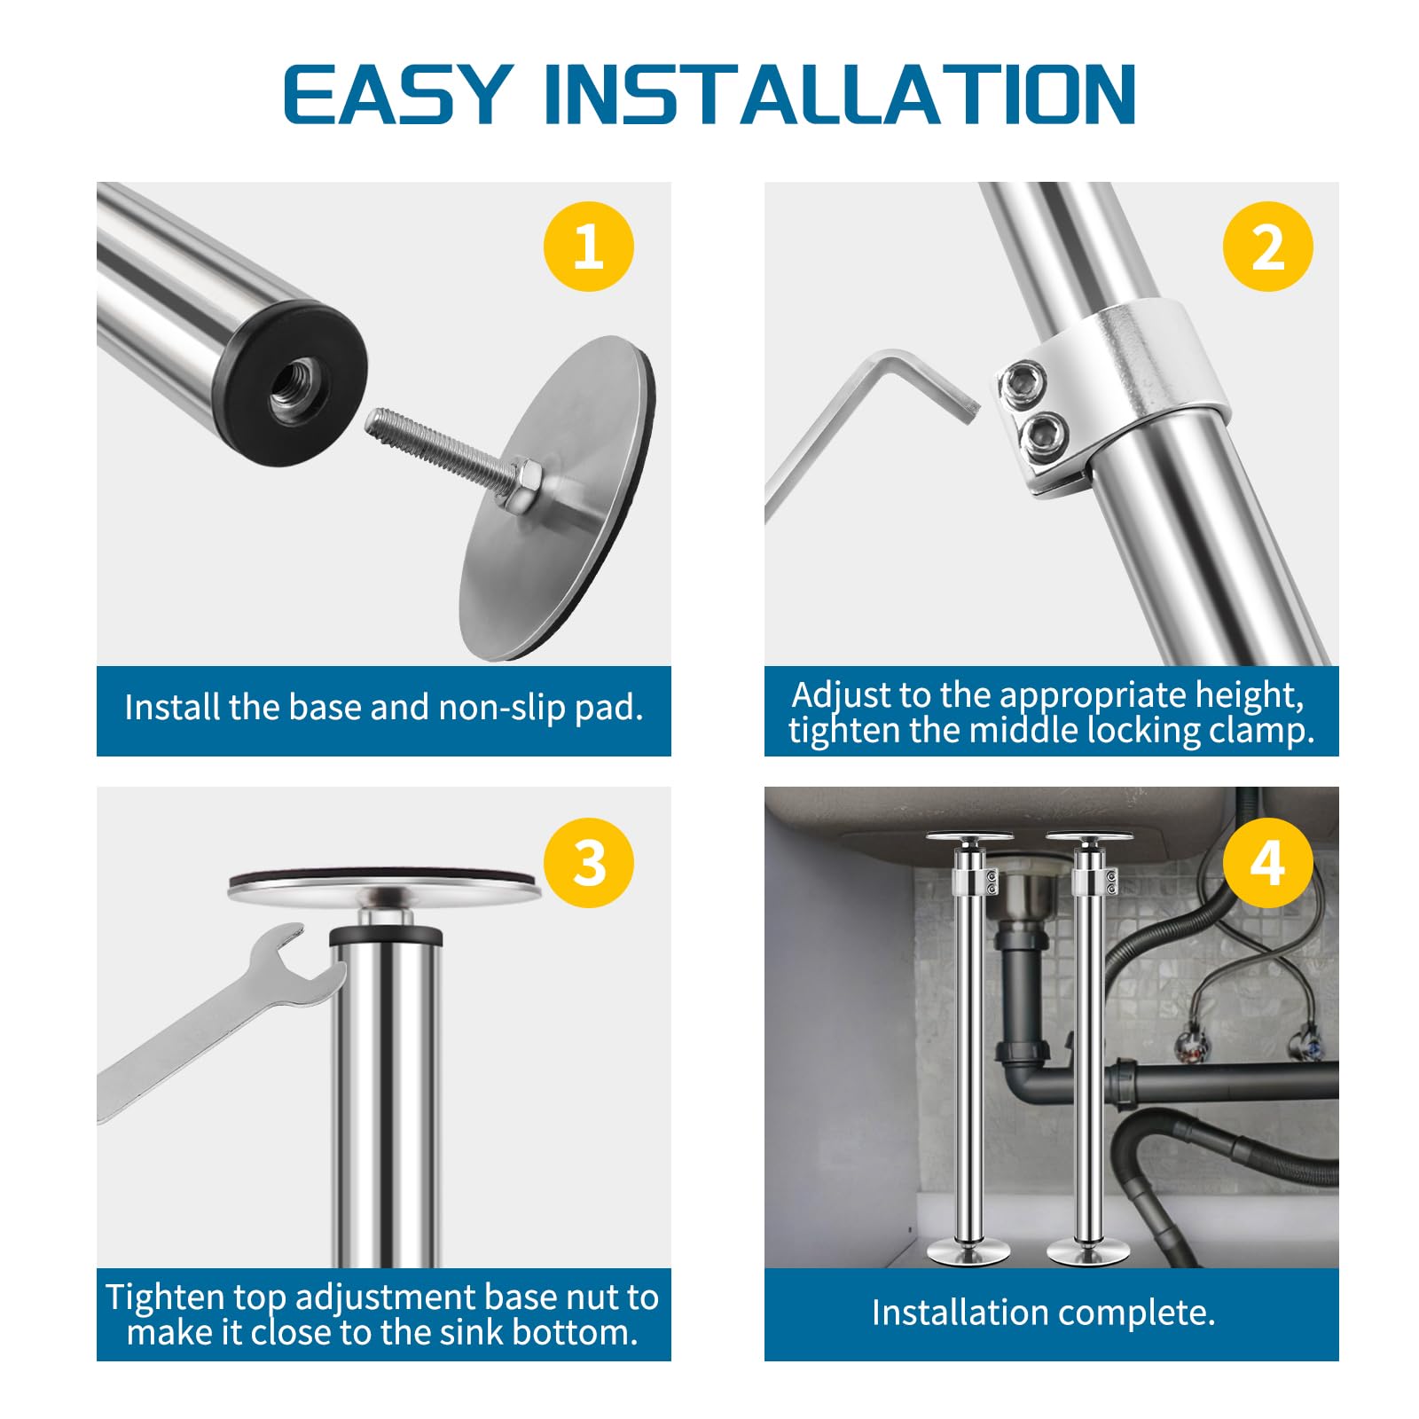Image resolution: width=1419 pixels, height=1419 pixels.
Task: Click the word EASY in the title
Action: pos(396,93)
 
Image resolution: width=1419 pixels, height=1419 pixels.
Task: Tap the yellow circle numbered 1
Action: pos(589,246)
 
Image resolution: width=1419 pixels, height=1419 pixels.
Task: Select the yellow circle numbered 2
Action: pos(1267,246)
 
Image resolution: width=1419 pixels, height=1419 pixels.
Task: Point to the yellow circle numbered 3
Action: pos(589,862)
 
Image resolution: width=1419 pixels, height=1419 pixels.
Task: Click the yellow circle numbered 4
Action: pos(1267,862)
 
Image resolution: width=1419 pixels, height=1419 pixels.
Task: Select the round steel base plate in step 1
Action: pos(557,498)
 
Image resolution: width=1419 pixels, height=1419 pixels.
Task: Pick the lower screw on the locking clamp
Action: pos(1041,433)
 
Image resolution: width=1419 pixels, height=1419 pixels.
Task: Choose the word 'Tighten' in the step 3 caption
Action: pos(164,1297)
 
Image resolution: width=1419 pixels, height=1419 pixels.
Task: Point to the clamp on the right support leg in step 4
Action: pos(1094,879)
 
